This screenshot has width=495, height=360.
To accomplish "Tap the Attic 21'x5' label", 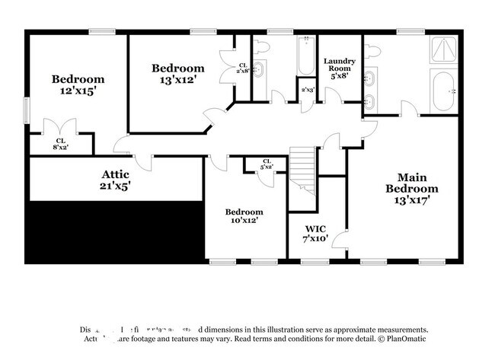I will (115, 180).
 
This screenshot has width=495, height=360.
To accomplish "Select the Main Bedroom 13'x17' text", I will (411, 188).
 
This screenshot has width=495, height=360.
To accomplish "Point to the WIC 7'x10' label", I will (316, 234).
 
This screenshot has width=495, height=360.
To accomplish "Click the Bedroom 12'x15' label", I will (78, 84).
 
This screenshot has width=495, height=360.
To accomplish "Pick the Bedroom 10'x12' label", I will (244, 216).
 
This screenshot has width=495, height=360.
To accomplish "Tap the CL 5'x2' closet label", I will (267, 164).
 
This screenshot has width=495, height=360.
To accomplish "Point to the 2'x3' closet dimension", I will (307, 90).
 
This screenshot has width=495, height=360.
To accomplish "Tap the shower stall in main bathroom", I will (443, 50).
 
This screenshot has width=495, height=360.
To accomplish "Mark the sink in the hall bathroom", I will (259, 71).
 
